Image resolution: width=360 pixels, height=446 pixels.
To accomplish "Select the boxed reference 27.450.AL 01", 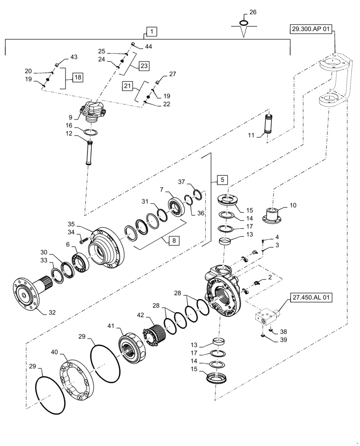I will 312,297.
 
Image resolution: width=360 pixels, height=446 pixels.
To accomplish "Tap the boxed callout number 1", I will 152,32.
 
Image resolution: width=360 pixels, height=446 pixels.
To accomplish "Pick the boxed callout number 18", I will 78,77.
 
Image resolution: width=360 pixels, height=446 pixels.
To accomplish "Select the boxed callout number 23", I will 144,66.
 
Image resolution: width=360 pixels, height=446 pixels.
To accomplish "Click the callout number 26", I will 253,12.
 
